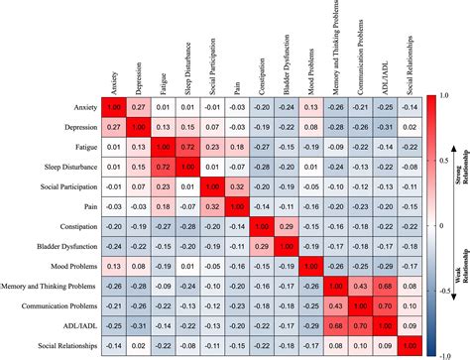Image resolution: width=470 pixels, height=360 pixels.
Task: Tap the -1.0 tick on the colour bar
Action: (442, 351)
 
